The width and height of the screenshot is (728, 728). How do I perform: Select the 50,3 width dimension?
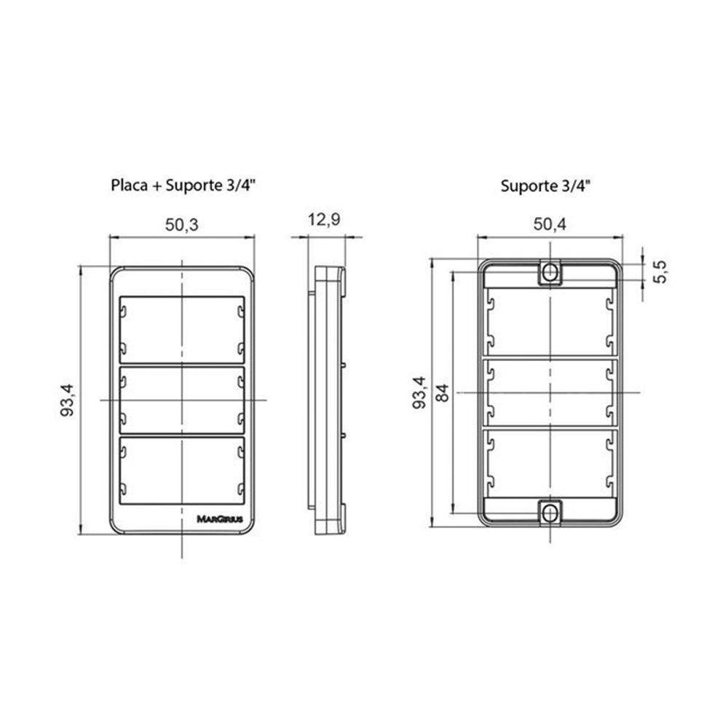182,225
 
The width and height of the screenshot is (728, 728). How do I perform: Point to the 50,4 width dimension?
550,225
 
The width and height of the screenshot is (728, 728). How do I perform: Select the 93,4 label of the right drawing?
419,393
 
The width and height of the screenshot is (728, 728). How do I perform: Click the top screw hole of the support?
550,272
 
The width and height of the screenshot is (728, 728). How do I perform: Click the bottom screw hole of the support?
550,513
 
